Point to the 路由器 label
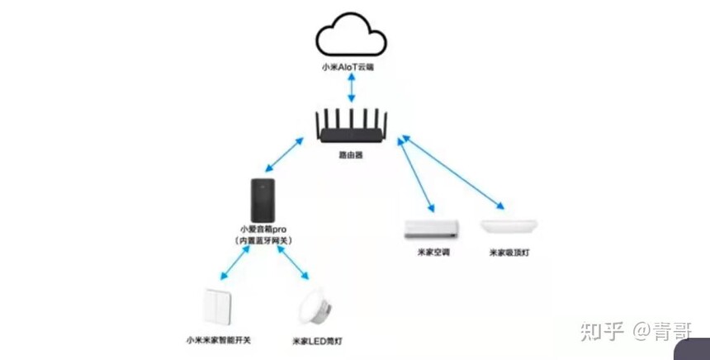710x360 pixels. click(351, 154)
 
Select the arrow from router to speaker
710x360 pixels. click(284, 154)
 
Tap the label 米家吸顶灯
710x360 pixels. click(509, 253)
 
